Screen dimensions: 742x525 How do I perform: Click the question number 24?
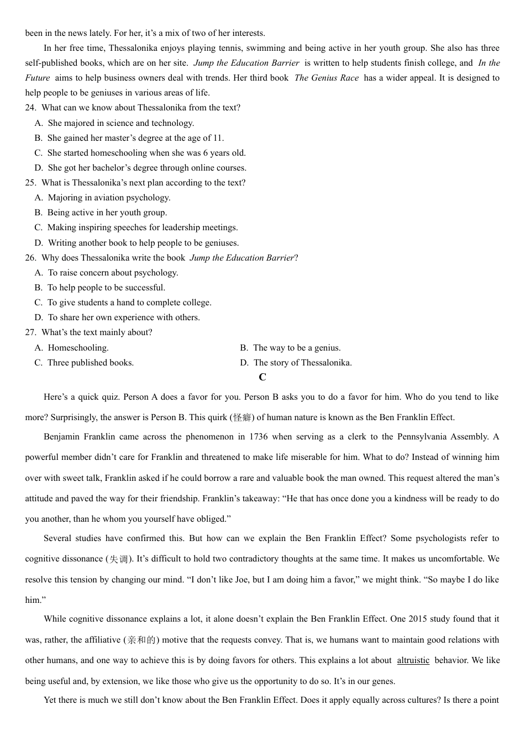(x=30, y=108)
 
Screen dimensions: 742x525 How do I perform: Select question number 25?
(x=30, y=183)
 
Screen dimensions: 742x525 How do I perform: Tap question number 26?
(x=30, y=258)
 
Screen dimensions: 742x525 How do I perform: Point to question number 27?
(x=30, y=332)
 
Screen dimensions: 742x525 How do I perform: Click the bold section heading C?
(x=262, y=378)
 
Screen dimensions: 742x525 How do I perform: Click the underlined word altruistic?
(x=413, y=660)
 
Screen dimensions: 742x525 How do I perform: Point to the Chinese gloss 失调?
(x=118, y=559)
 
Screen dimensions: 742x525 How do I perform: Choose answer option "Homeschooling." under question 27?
(x=78, y=348)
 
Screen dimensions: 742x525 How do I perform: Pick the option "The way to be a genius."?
(x=297, y=348)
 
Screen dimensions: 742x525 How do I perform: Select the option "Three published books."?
(x=90, y=363)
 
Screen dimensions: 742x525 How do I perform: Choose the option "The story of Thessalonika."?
(x=302, y=363)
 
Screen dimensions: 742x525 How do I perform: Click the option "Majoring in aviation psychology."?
(x=109, y=198)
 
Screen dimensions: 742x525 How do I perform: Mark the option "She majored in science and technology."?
(x=120, y=123)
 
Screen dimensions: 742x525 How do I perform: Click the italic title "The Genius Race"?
(x=327, y=78)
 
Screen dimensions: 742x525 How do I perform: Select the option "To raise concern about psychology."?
(x=113, y=273)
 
